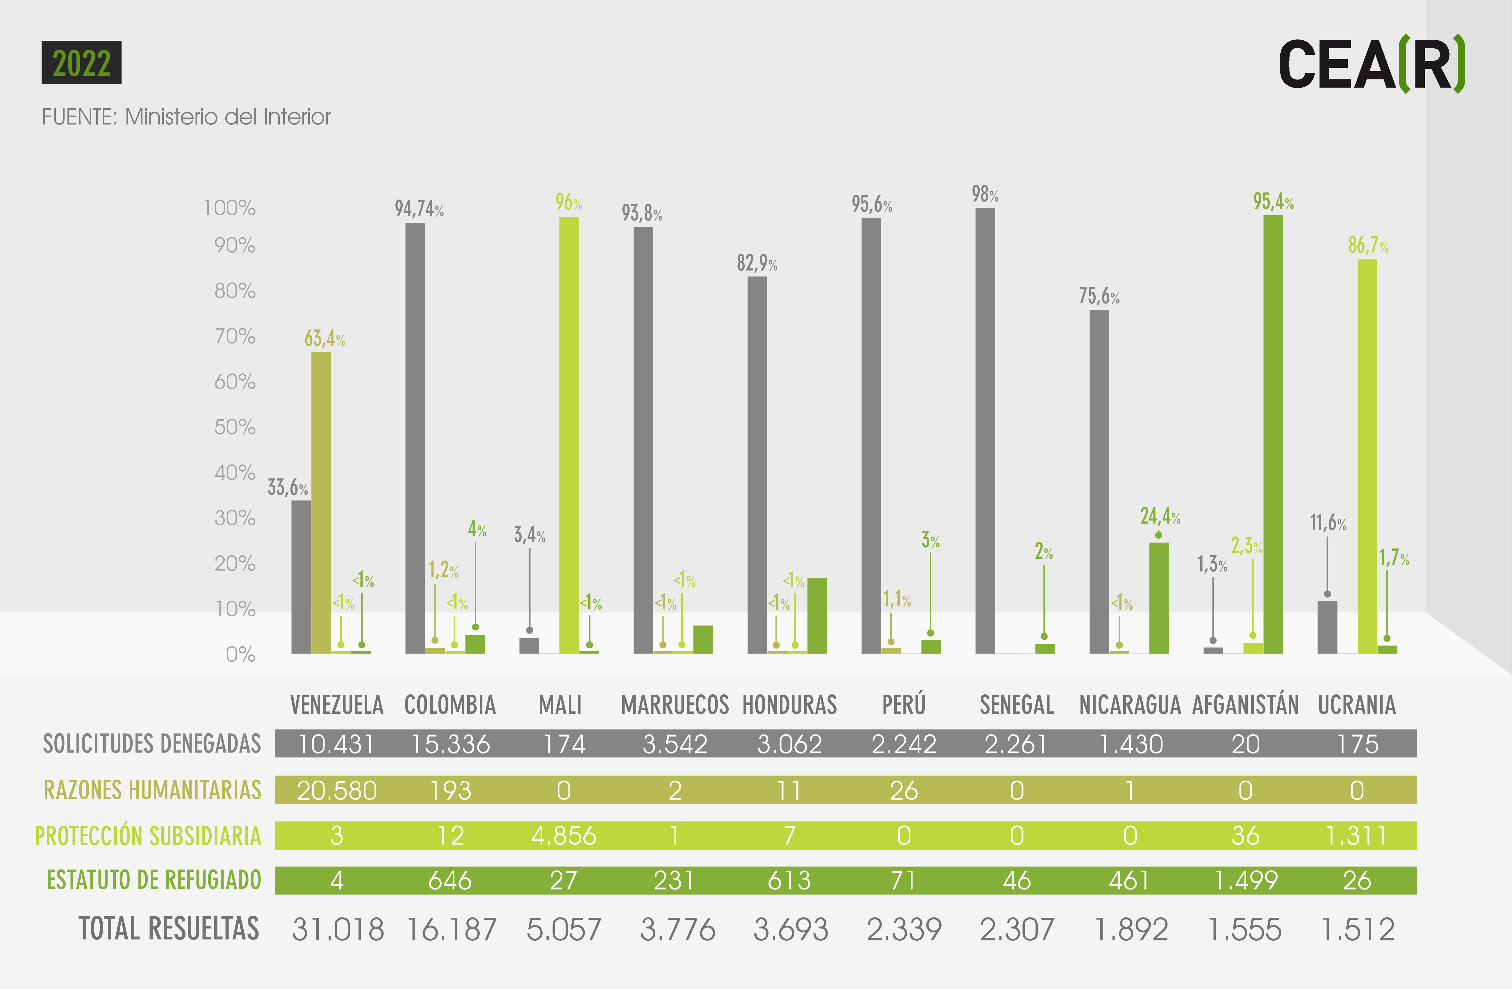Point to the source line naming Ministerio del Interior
[x=186, y=117]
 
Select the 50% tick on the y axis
[x=234, y=426]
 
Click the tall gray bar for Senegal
[x=985, y=430]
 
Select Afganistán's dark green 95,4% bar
[x=1273, y=434]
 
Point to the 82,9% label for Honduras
[x=757, y=262]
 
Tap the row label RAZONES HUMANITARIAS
[x=152, y=790]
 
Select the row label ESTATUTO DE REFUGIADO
[x=154, y=880]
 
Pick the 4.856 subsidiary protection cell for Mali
[x=564, y=835]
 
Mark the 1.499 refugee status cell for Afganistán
[x=1245, y=880]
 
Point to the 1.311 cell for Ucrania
[x=1356, y=835]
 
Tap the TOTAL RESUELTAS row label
[x=169, y=928]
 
